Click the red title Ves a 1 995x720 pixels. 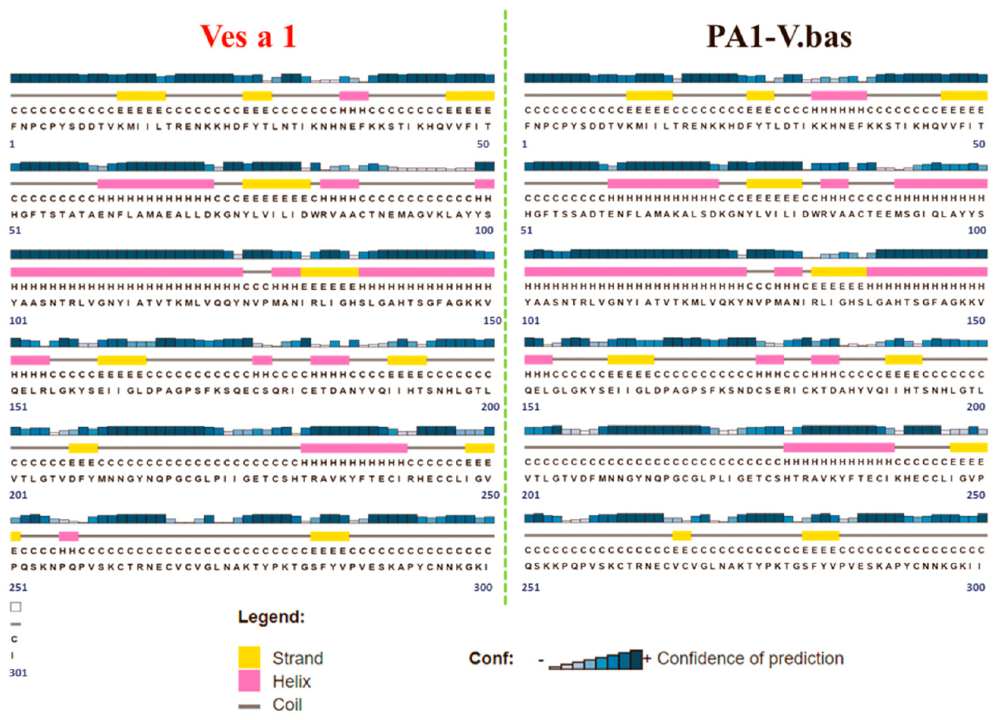pos(248,37)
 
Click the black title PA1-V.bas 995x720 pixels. pos(779,37)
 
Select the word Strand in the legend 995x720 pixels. pos(298,658)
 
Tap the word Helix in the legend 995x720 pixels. pos(291,682)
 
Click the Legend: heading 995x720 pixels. pos(271,617)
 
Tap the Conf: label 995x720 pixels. pos(491,658)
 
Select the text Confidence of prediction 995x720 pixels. pos(750,658)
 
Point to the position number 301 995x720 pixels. pos(18,673)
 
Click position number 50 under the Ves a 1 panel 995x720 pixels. pos(483,144)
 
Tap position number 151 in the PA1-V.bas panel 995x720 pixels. pos(530,407)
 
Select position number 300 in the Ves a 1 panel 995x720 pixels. pos(483,587)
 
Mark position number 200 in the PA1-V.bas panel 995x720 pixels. pos(976,407)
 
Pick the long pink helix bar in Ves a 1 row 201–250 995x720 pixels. pos(354,448)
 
